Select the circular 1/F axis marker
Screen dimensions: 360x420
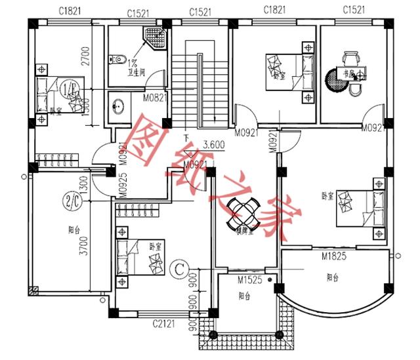coord(68,89)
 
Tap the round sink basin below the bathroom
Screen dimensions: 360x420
coord(119,106)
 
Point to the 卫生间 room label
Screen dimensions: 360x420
coord(135,74)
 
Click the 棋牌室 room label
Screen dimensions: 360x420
coord(244,231)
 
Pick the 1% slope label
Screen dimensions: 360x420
coord(132,64)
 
